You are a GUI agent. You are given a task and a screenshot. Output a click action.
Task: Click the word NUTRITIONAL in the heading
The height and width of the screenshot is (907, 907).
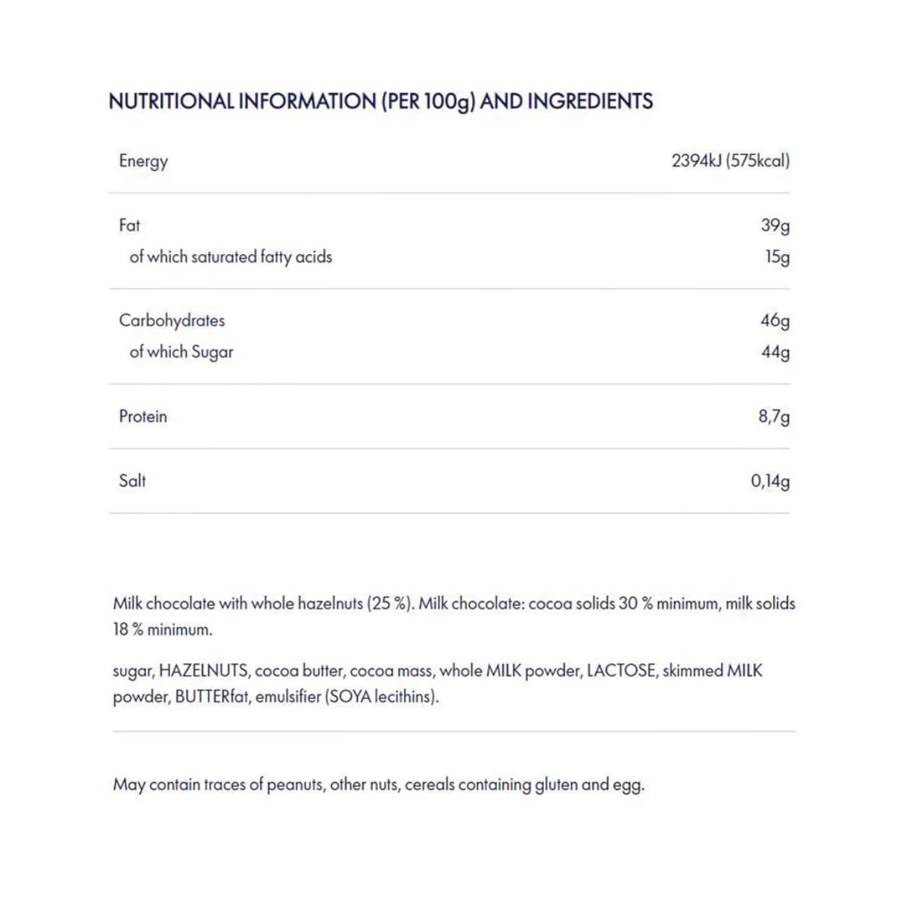171,101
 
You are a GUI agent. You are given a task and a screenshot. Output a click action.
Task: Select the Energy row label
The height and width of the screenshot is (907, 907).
143,161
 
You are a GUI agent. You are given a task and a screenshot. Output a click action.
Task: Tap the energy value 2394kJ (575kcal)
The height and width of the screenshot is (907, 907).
730,160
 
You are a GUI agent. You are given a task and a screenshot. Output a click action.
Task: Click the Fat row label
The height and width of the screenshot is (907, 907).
129,225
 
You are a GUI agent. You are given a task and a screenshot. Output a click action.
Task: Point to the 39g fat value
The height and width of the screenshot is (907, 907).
775,225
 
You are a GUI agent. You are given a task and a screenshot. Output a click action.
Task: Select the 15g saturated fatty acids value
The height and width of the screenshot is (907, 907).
777,257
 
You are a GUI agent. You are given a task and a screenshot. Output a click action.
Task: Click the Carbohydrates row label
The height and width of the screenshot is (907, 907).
172,321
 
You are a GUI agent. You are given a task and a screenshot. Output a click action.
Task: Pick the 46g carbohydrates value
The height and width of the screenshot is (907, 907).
775,321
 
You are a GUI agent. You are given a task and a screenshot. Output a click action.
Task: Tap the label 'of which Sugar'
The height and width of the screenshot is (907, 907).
182,353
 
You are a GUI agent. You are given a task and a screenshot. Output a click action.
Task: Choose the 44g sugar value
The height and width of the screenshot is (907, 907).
775,353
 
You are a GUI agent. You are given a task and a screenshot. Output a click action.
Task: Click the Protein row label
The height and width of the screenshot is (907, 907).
143,417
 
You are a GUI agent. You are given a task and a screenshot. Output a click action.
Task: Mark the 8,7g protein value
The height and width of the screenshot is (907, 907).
774,417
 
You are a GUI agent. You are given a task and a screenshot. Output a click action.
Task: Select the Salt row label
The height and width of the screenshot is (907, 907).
132,481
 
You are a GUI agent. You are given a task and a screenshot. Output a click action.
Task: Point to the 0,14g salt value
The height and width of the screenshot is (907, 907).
770,481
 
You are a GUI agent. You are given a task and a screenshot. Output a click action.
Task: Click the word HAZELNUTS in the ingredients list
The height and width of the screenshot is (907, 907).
203,671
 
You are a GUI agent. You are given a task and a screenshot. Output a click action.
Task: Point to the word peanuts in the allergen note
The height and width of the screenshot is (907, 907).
295,784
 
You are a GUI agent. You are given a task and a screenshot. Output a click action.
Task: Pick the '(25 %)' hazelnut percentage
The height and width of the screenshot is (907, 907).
390,604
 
